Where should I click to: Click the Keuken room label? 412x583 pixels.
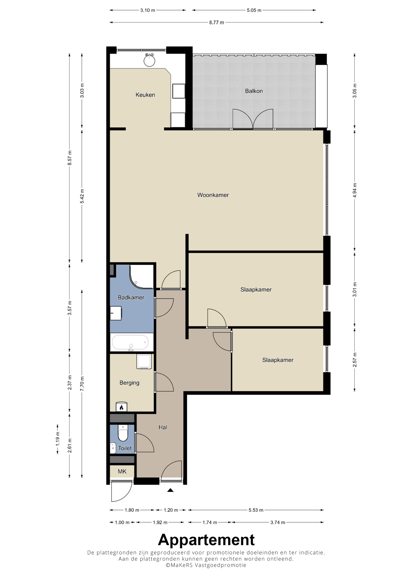tap(145, 95)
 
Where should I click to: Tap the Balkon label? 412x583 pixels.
tap(254, 91)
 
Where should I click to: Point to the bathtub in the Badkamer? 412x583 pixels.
tap(130, 343)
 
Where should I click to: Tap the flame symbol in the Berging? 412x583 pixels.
tap(121, 407)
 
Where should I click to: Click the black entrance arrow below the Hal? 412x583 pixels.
tap(170, 490)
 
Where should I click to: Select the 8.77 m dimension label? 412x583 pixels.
tap(217, 22)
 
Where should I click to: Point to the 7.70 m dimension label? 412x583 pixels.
tap(82, 384)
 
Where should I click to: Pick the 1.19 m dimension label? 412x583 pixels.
tap(58, 439)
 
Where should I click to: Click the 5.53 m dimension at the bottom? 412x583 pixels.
tap(256, 510)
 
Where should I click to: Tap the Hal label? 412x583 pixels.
tap(163, 427)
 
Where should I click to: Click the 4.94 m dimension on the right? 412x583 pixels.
tap(355, 190)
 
